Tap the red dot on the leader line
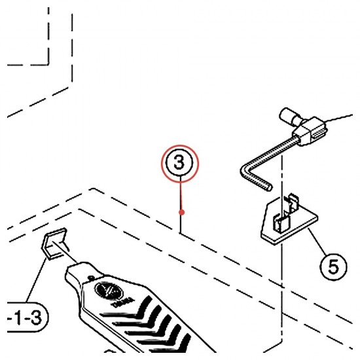pyautogui.click(x=181, y=212)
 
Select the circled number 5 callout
pyautogui.click(x=333, y=266)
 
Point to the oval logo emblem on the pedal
pyautogui.click(x=109, y=291)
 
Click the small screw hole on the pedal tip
pyautogui.click(x=91, y=278)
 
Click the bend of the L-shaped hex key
pyautogui.click(x=245, y=171)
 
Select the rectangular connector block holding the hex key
pyautogui.click(x=310, y=131)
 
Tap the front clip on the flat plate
pyautogui.click(x=281, y=223)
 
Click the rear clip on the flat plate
pyautogui.click(x=293, y=202)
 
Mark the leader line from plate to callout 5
pyautogui.click(x=317, y=240)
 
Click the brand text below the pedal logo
pyautogui.click(x=122, y=302)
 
